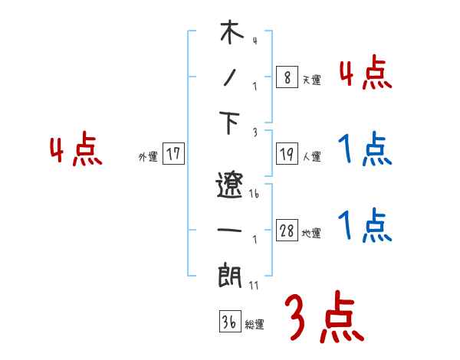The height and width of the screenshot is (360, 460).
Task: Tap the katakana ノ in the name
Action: point(229,78)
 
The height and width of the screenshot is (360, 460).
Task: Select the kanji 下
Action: point(230,123)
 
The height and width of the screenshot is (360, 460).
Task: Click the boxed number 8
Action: point(286,77)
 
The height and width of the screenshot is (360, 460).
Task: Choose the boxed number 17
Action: point(173,155)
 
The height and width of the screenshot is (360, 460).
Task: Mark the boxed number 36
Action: point(229,322)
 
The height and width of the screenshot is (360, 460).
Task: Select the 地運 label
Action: point(311,234)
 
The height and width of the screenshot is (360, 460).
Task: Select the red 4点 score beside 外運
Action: point(76,151)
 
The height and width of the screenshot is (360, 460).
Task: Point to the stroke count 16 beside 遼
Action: point(255,195)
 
